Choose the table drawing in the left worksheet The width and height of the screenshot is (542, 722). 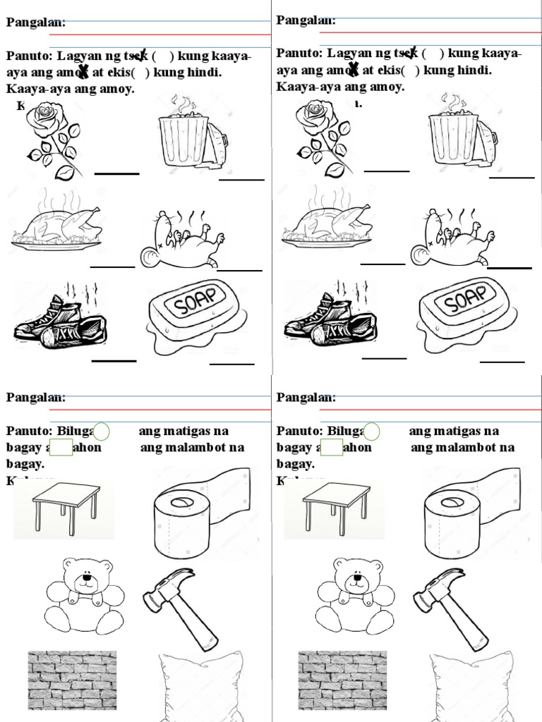pos(66,505)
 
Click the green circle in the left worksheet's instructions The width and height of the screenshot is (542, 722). pos(101,432)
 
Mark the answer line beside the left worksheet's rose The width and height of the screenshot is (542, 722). pos(116,172)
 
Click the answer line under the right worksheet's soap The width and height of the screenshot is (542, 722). pos(502,362)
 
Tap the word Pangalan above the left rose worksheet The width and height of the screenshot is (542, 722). pos(35,23)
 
